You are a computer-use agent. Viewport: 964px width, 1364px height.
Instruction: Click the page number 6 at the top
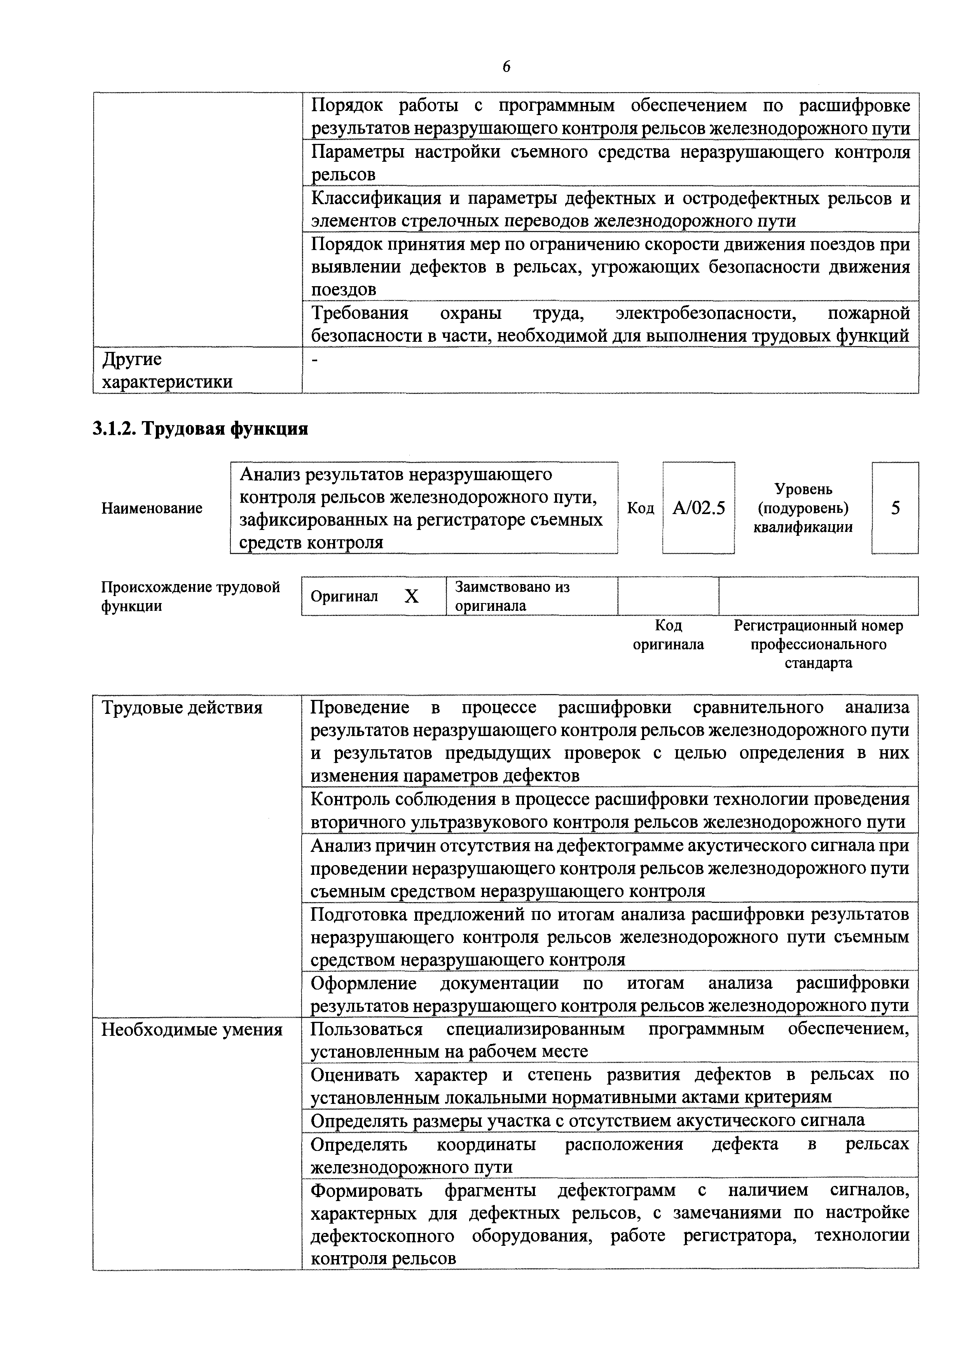point(506,67)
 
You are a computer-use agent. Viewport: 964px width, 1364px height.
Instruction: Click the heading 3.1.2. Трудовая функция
point(200,428)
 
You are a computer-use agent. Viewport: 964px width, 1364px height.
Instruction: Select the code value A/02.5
point(699,508)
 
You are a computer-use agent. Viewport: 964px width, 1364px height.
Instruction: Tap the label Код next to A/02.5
point(640,508)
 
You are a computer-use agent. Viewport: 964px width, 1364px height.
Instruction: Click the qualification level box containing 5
point(895,508)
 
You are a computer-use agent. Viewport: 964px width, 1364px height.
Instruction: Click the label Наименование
point(152,508)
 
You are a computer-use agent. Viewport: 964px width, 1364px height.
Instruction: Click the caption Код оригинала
point(668,635)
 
